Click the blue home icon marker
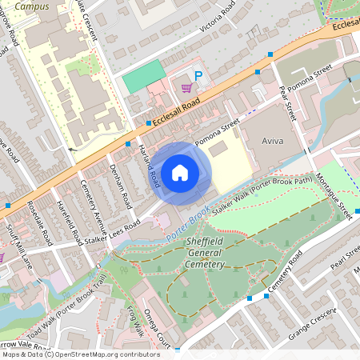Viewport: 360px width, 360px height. click(x=180, y=172)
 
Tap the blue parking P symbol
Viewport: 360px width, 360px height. click(x=199, y=78)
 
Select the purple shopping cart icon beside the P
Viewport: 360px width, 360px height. click(x=186, y=88)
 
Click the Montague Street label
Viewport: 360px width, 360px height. click(x=334, y=196)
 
